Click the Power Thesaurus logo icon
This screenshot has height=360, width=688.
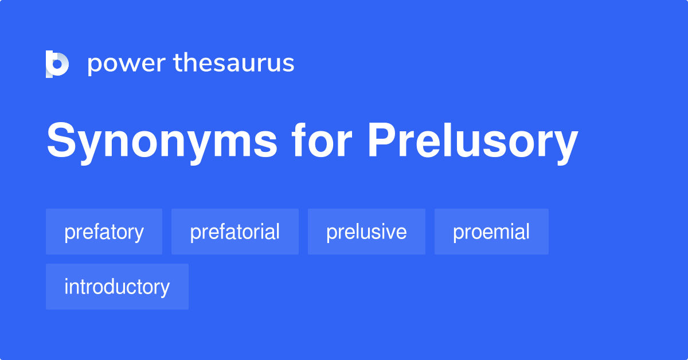click(x=57, y=64)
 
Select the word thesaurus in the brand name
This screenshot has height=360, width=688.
click(x=234, y=64)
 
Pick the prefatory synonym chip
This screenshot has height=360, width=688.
click(x=104, y=232)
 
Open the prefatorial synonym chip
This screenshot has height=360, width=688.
click(x=234, y=232)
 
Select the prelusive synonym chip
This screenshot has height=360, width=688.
click(x=366, y=232)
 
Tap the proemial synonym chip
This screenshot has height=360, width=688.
click(x=491, y=232)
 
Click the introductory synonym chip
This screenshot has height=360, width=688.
click(x=117, y=287)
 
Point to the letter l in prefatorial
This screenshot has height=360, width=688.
click(x=277, y=232)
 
